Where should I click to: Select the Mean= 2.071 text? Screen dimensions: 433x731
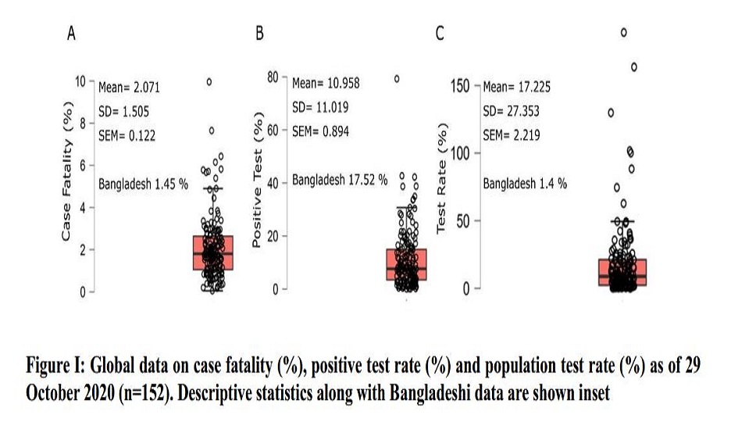129,88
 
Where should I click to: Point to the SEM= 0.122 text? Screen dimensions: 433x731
127,135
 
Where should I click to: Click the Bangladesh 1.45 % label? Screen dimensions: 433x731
144,184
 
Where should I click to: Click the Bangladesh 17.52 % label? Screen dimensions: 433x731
340,180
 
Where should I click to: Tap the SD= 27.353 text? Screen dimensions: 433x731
512,111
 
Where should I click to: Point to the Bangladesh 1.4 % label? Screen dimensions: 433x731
525,184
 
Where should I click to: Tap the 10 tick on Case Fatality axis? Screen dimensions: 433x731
81,81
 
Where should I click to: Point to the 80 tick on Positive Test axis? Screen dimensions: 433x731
273,77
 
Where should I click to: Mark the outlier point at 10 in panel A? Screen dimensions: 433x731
209,81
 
